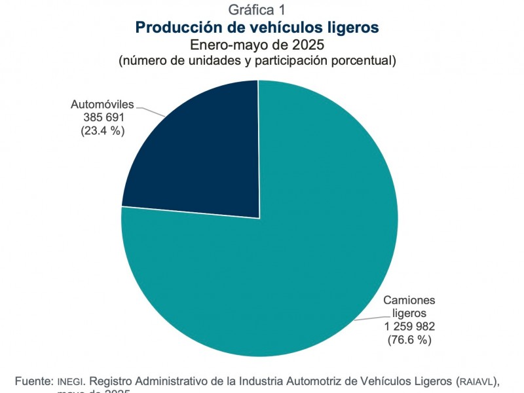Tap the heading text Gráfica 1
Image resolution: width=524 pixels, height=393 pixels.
tap(257, 10)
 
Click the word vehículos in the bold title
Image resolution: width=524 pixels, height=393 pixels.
tap(281, 28)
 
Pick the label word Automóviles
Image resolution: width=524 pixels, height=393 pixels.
tap(102, 104)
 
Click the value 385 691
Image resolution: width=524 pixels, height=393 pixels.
tap(102, 117)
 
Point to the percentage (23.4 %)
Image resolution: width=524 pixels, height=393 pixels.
tap(102, 130)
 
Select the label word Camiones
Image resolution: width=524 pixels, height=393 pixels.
tap(409, 300)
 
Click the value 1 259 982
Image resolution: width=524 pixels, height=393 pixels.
tap(409, 326)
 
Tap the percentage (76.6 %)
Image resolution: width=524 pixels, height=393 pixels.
tap(409, 339)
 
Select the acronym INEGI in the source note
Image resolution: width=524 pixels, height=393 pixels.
tap(70, 381)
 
